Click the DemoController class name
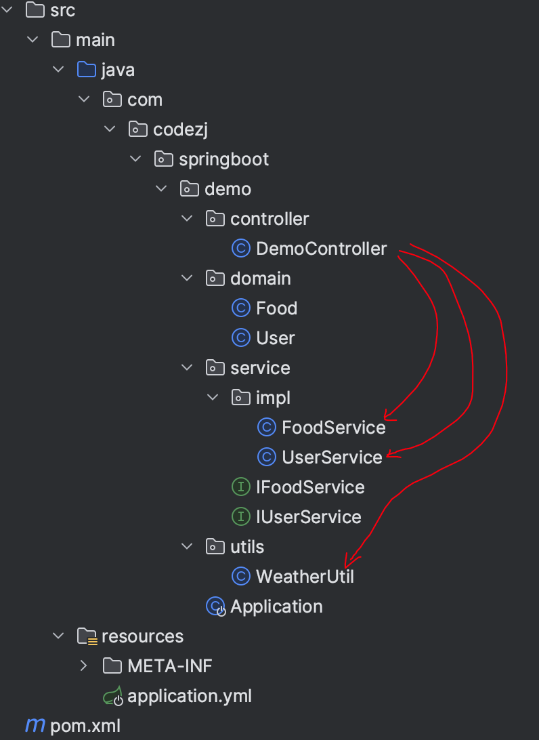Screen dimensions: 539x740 tap(321, 249)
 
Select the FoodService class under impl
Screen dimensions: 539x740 tap(333, 428)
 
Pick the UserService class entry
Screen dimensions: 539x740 tap(332, 457)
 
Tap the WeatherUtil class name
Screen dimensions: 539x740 tap(305, 577)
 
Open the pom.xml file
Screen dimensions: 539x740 tap(85, 726)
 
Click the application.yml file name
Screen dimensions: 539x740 tap(190, 696)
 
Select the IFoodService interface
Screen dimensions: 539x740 tap(310, 487)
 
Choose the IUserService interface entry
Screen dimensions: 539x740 tap(309, 517)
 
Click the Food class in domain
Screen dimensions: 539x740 tap(277, 308)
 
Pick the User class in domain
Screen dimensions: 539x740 tap(276, 338)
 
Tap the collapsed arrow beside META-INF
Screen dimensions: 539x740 tap(84, 666)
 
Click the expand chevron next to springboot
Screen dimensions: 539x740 tap(135, 159)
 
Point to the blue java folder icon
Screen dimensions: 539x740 tap(87, 69)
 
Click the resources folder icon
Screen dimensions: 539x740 tap(87, 636)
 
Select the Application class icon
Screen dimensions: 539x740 tap(215, 607)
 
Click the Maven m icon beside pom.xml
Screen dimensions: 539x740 tap(35, 725)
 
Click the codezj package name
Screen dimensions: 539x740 tap(180, 130)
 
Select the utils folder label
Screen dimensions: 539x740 tap(247, 547)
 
